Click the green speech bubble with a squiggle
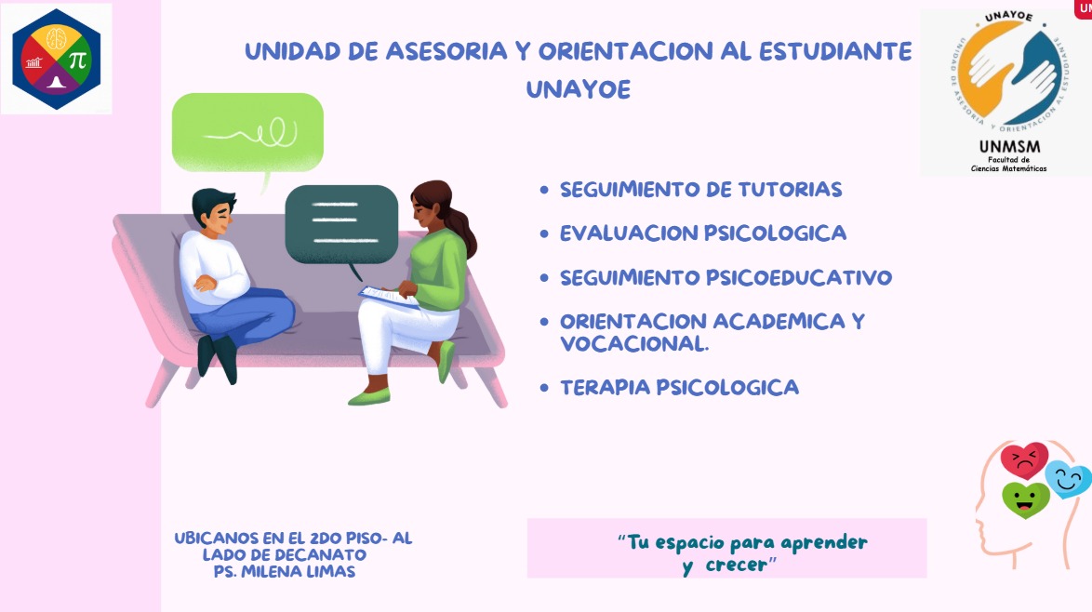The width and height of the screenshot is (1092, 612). [x=247, y=132]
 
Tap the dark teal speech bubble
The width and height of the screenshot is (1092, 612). [x=341, y=224]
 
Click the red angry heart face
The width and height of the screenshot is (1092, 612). [x=1024, y=459]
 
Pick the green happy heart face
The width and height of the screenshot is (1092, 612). [x=1025, y=499]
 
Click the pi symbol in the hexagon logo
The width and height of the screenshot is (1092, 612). [x=77, y=60]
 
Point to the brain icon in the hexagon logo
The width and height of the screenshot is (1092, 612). [x=57, y=38]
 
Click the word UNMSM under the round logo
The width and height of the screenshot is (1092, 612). [x=1009, y=147]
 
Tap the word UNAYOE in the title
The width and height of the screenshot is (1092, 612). [x=578, y=90]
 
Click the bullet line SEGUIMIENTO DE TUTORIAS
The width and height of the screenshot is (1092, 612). [x=700, y=190]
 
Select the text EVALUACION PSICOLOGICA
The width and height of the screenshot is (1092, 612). [x=702, y=233]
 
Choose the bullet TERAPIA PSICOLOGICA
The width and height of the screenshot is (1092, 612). [x=679, y=388]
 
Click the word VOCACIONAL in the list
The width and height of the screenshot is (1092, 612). [x=633, y=344]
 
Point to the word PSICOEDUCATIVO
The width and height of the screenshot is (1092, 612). [x=799, y=278]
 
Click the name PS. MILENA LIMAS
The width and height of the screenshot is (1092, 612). [x=284, y=572]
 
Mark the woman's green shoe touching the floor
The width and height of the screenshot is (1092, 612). [x=369, y=397]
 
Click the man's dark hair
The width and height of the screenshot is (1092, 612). [x=213, y=202]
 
